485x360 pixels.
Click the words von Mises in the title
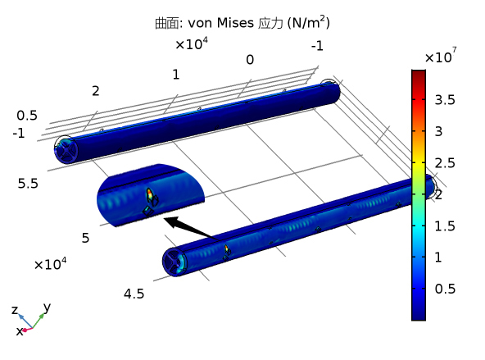(x=221, y=23)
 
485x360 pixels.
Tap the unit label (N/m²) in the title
(x=308, y=23)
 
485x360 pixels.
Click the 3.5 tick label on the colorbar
(x=445, y=100)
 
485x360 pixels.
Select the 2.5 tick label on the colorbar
(x=445, y=163)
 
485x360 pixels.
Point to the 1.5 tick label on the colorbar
(x=445, y=226)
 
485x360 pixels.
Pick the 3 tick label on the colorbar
(x=438, y=131)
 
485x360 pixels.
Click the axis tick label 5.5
(x=28, y=184)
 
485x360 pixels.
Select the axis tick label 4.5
(x=134, y=294)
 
